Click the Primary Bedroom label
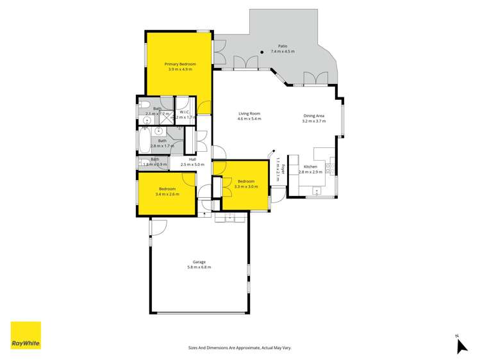click(x=179, y=64)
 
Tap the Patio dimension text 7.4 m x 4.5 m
click(x=282, y=51)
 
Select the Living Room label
click(x=249, y=113)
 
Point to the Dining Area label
click(x=314, y=116)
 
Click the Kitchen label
click(x=310, y=167)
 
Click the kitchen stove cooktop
click(x=329, y=168)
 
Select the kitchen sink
click(x=316, y=190)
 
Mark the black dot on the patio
click(x=263, y=52)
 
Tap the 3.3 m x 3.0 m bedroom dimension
click(x=247, y=186)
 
